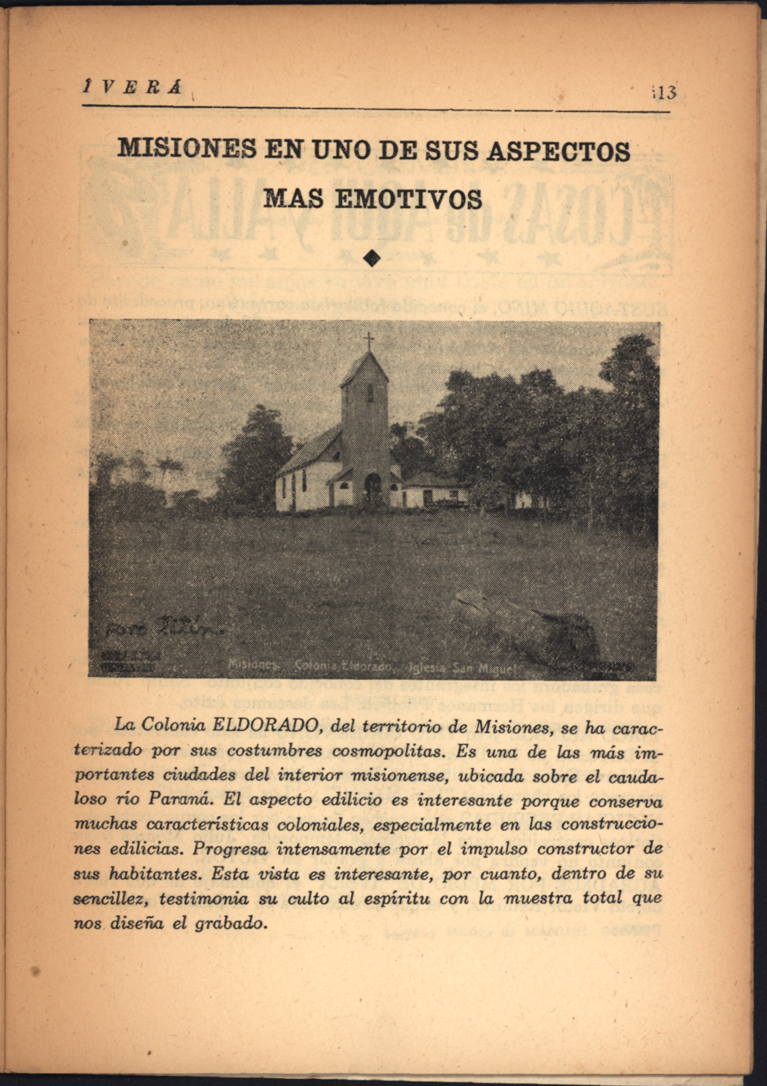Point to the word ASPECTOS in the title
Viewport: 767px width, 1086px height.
(558, 150)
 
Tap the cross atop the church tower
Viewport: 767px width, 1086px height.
(369, 340)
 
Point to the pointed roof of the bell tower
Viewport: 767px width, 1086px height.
(365, 369)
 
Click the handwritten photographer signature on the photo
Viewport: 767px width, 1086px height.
(163, 627)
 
